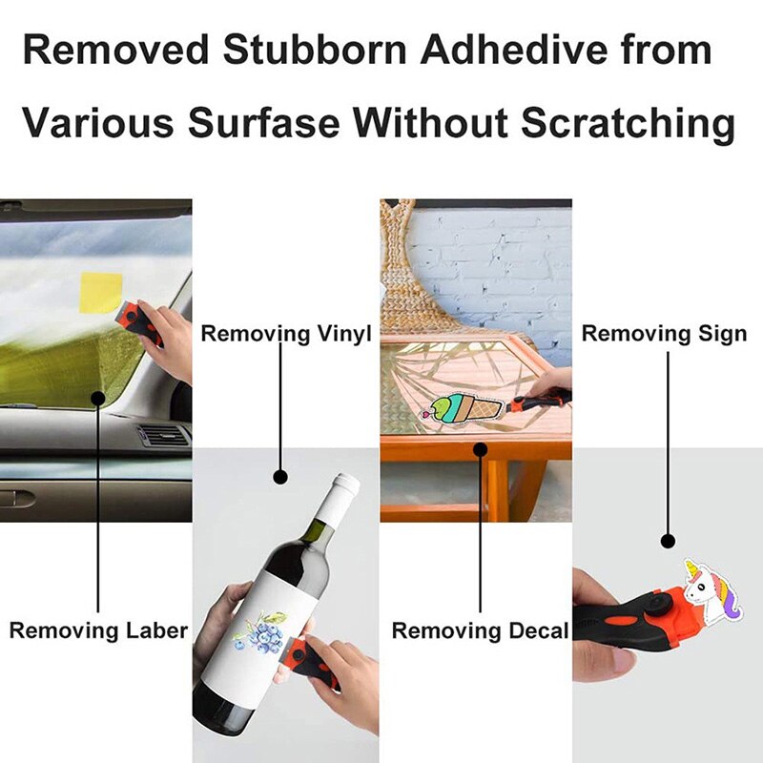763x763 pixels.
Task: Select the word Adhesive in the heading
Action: point(502,50)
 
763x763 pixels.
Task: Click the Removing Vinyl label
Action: point(285,334)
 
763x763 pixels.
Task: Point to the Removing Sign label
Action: point(664,334)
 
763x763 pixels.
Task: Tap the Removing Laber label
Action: point(98,630)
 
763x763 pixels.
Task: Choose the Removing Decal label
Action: point(480,630)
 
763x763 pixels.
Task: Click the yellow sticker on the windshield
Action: point(101,293)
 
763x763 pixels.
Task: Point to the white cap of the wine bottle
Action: point(344,486)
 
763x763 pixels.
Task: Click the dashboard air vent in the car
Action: point(163,436)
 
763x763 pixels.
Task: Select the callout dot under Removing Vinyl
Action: point(280,474)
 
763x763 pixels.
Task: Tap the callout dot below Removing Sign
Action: point(669,540)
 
